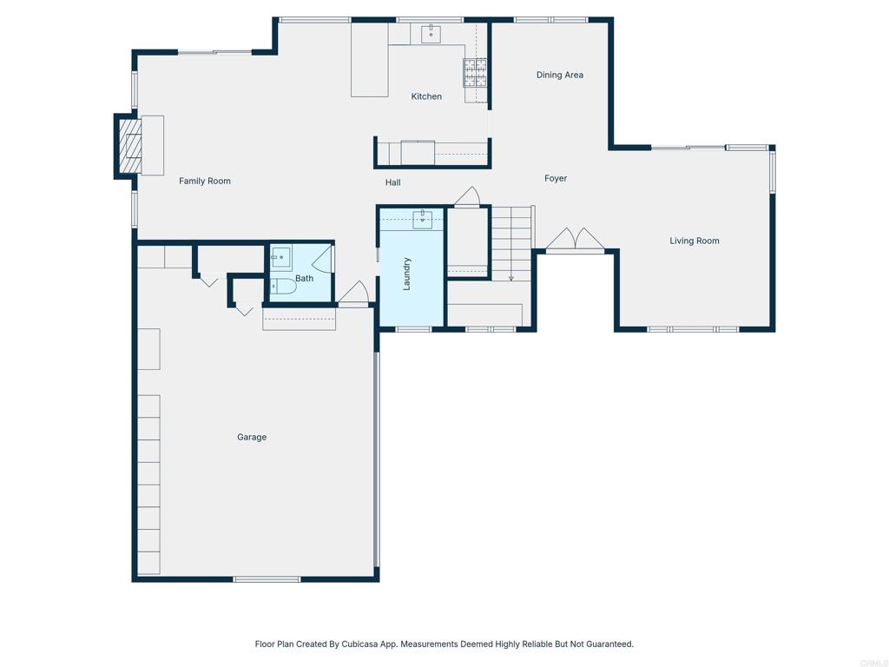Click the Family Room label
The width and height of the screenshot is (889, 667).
tap(205, 181)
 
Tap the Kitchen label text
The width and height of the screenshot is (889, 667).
tap(426, 96)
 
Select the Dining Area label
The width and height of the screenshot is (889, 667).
tap(559, 75)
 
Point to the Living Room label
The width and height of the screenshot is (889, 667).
tap(694, 241)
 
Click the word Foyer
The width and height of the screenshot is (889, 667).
tap(556, 178)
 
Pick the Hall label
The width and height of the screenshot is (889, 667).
tap(393, 182)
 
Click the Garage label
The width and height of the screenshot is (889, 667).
tap(252, 437)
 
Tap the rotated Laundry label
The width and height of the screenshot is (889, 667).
tap(407, 273)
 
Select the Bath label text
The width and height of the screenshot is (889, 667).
tap(304, 278)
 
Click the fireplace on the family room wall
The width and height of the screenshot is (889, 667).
tap(130, 145)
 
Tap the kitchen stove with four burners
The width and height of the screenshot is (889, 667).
tap(474, 72)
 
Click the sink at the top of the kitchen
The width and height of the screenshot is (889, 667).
tap(431, 34)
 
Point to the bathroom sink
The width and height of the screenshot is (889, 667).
tap(280, 258)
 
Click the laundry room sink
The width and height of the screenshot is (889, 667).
tap(423, 219)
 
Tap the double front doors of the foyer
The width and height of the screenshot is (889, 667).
tap(574, 240)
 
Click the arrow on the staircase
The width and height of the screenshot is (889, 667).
tap(511, 276)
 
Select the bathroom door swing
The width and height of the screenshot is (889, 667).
tap(323, 257)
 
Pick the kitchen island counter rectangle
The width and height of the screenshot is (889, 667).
tap(369, 59)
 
